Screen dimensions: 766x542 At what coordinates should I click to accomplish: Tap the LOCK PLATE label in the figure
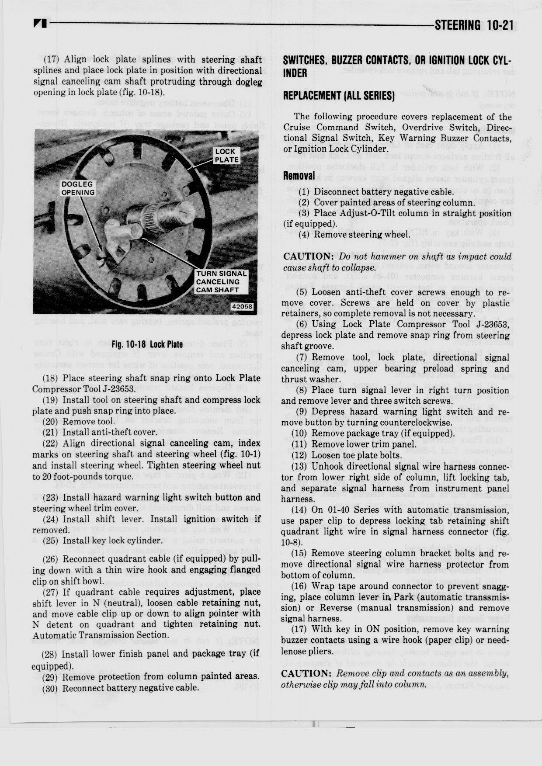227,156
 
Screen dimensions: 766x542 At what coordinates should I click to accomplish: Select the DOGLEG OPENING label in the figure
77,188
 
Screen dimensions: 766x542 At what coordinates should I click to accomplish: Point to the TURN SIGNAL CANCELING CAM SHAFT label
221,282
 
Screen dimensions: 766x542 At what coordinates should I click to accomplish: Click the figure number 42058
241,307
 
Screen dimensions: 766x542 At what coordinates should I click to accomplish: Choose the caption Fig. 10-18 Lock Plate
147,344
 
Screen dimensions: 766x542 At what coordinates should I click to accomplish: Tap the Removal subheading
299,176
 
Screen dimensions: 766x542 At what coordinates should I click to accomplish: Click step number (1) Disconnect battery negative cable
304,192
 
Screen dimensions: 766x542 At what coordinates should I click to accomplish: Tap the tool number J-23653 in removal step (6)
490,324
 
